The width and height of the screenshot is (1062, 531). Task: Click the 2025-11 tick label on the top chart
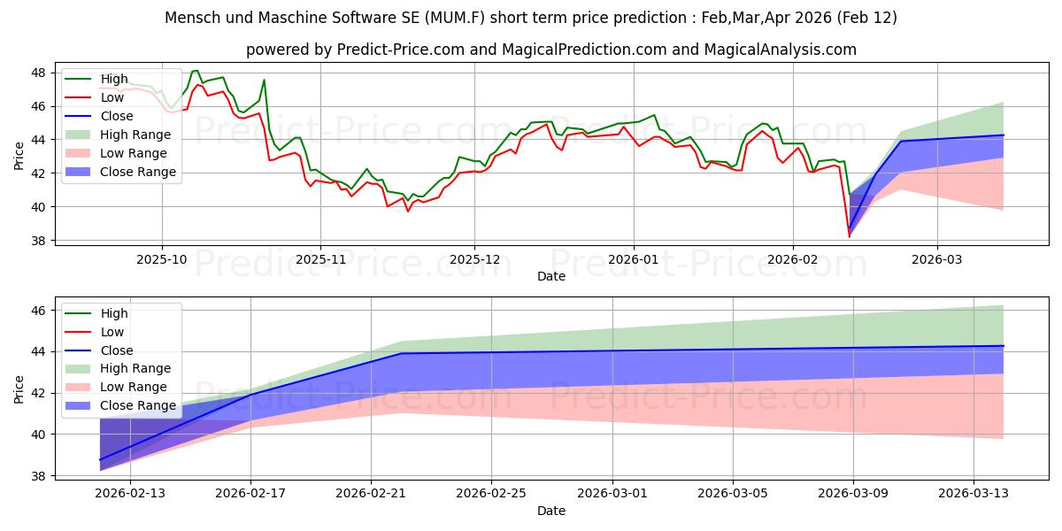[320, 260]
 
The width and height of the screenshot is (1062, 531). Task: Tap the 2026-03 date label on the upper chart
[937, 260]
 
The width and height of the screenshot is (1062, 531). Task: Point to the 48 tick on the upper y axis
[38, 73]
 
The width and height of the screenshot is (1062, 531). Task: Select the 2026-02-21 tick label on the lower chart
[371, 494]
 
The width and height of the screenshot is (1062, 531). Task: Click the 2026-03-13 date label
[973, 494]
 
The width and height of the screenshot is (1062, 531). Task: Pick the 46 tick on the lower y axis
[38, 311]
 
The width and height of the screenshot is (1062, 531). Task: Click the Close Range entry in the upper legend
[138, 172]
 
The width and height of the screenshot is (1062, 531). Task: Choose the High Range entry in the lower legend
[135, 368]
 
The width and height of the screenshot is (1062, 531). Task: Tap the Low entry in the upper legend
[112, 97]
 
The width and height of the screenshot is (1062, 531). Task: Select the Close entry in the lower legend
[117, 350]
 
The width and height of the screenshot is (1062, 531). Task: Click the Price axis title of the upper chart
[19, 156]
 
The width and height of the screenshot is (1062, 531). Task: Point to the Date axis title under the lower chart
[550, 512]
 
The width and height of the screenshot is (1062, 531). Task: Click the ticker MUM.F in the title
[455, 18]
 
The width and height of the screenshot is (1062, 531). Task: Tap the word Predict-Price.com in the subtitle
[401, 50]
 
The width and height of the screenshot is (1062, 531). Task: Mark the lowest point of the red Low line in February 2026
[849, 237]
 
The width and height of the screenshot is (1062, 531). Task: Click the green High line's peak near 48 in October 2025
[196, 71]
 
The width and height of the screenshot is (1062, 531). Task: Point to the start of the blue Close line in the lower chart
[100, 460]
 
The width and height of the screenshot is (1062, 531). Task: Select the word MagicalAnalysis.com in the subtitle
[780, 50]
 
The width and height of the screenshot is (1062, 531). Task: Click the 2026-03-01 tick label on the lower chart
[612, 494]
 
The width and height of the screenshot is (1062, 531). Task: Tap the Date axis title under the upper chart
[550, 276]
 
